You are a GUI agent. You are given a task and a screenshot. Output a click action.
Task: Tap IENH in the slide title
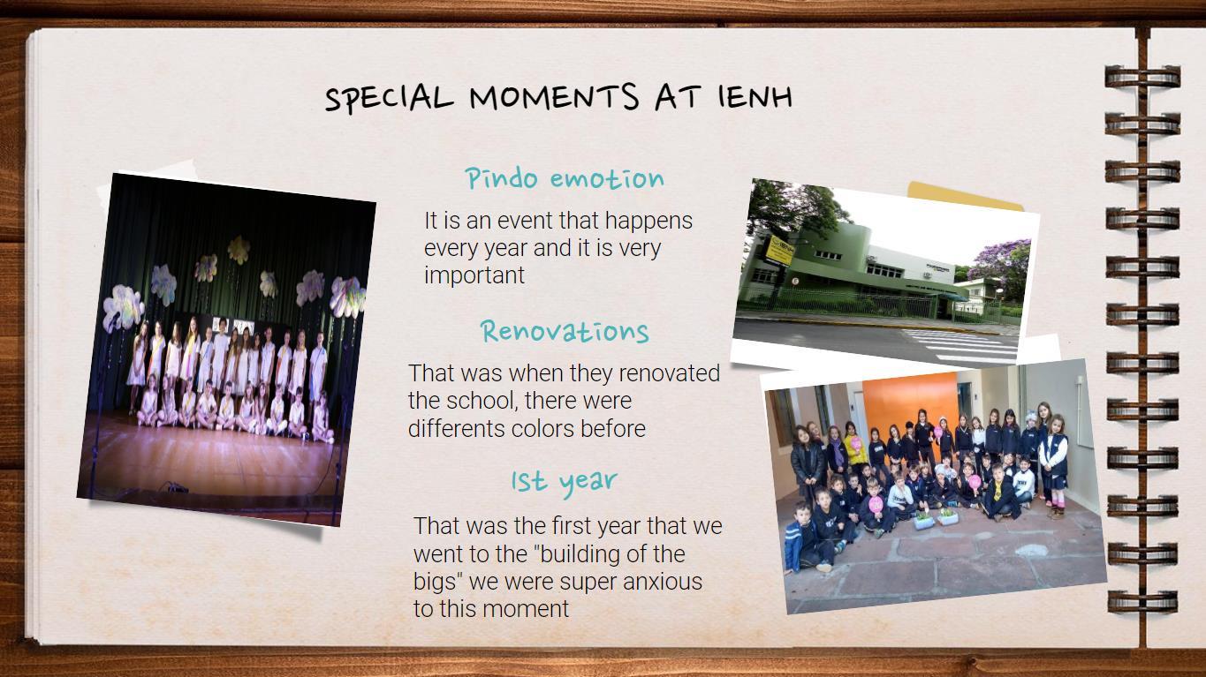click(x=755, y=97)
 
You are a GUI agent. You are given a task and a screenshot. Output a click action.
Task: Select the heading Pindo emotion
click(x=565, y=178)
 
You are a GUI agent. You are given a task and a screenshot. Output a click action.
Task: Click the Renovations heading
click(x=565, y=331)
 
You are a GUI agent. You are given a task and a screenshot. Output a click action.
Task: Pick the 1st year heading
click(x=565, y=481)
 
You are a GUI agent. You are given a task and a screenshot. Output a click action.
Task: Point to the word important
click(x=474, y=275)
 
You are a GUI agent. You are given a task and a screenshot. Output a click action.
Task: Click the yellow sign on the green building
click(x=779, y=250)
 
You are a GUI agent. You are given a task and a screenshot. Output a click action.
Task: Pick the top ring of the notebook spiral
click(x=1142, y=77)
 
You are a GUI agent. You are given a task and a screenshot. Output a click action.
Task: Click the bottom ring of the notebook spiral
click(x=1142, y=601)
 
